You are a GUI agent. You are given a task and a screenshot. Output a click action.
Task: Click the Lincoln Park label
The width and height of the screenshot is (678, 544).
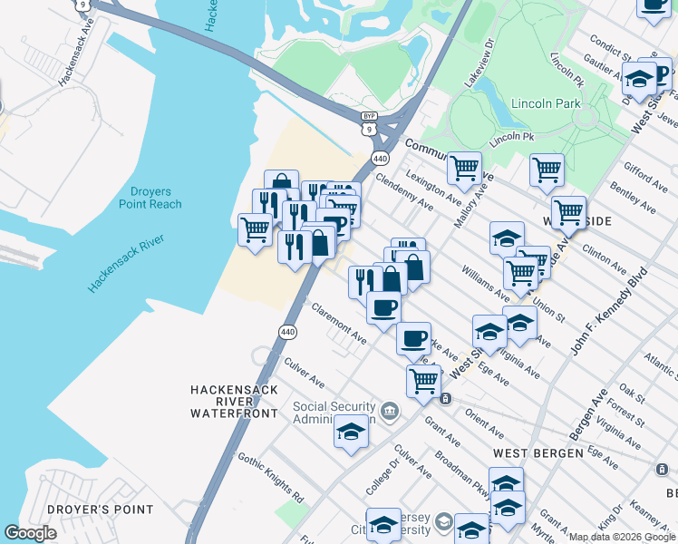click(x=546, y=103)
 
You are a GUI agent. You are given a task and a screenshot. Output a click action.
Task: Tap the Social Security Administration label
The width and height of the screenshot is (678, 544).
click(x=334, y=413)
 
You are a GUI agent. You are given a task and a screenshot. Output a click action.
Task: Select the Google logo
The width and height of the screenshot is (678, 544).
click(x=31, y=533)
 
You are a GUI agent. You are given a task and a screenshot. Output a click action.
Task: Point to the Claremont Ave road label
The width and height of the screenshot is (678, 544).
click(x=338, y=323)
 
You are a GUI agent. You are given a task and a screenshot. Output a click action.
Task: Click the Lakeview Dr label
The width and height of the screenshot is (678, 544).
click(x=479, y=62)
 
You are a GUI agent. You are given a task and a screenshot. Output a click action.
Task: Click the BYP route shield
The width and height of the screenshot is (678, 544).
click(x=369, y=116)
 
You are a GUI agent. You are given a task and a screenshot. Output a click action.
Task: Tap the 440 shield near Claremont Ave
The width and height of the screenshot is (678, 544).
click(x=288, y=332)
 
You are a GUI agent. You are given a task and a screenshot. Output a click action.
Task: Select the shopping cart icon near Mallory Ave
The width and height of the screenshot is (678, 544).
click(x=464, y=167)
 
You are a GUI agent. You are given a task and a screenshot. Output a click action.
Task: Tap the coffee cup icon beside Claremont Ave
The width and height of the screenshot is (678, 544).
click(x=383, y=306)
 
